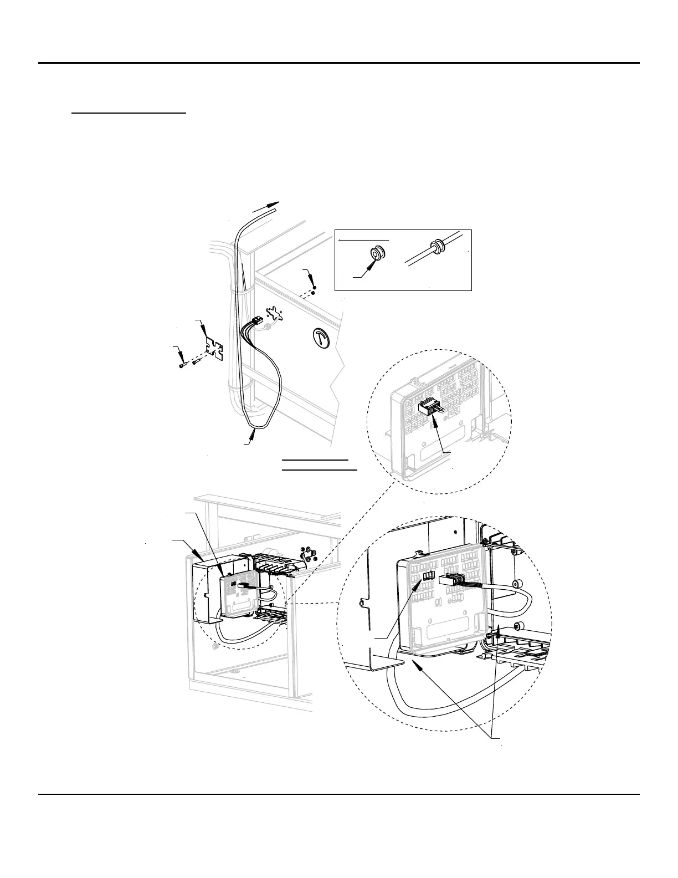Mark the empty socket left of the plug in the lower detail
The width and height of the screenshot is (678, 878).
click(427, 576)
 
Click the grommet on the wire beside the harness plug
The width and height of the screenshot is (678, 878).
click(268, 328)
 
